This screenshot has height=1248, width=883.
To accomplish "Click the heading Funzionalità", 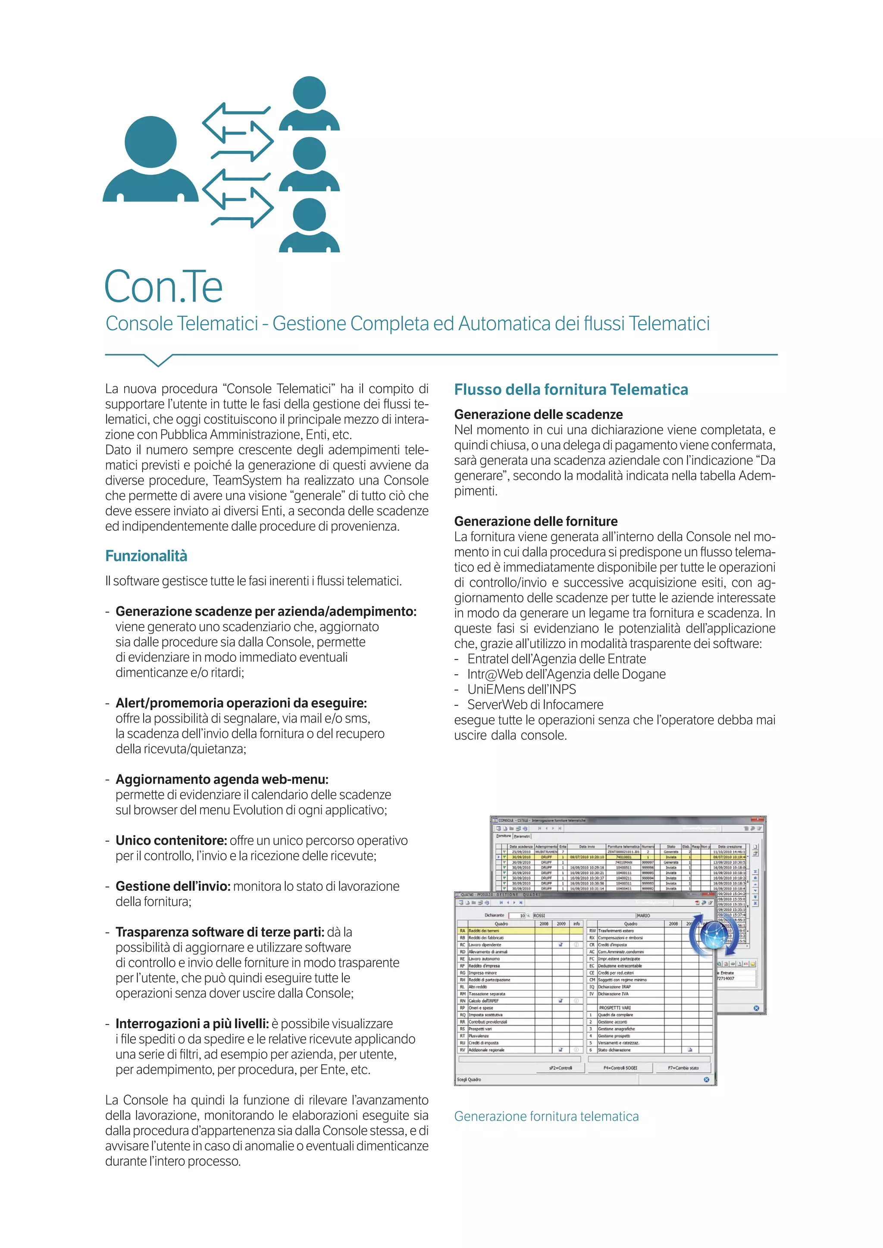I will click(x=146, y=556).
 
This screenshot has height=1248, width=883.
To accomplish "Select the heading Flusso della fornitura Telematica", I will click(x=571, y=390).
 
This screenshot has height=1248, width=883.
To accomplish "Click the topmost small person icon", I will click(x=309, y=103).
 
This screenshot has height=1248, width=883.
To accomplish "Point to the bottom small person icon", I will click(x=309, y=225).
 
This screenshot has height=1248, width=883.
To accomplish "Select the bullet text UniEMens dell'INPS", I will click(x=521, y=689).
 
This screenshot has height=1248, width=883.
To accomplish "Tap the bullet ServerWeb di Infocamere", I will click(x=535, y=705).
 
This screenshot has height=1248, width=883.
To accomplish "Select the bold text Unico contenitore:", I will click(x=171, y=840).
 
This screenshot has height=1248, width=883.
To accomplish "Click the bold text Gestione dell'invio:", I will click(x=173, y=886).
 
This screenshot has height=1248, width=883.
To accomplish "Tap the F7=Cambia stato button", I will click(x=683, y=1067).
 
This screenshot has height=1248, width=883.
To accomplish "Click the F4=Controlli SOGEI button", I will click(x=620, y=1067).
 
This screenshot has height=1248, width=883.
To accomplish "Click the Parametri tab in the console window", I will click(x=521, y=836).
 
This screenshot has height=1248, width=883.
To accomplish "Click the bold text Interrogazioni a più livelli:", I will click(x=192, y=1023).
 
